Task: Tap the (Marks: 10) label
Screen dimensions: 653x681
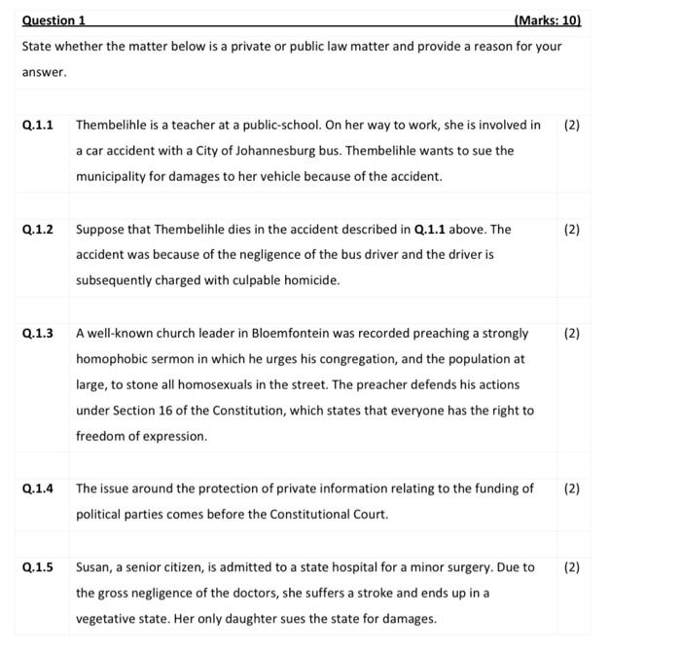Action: coord(546,20)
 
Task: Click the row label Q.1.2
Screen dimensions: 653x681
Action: coord(37,230)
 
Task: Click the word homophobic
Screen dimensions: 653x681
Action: coord(110,359)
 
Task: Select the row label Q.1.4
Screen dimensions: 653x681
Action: coord(37,489)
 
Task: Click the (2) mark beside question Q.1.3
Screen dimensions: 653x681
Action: coord(571,333)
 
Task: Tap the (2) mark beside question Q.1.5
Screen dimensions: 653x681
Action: coord(571,566)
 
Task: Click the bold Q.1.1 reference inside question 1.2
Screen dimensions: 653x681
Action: coord(431,230)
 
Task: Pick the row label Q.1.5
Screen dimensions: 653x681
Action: coord(37,566)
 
